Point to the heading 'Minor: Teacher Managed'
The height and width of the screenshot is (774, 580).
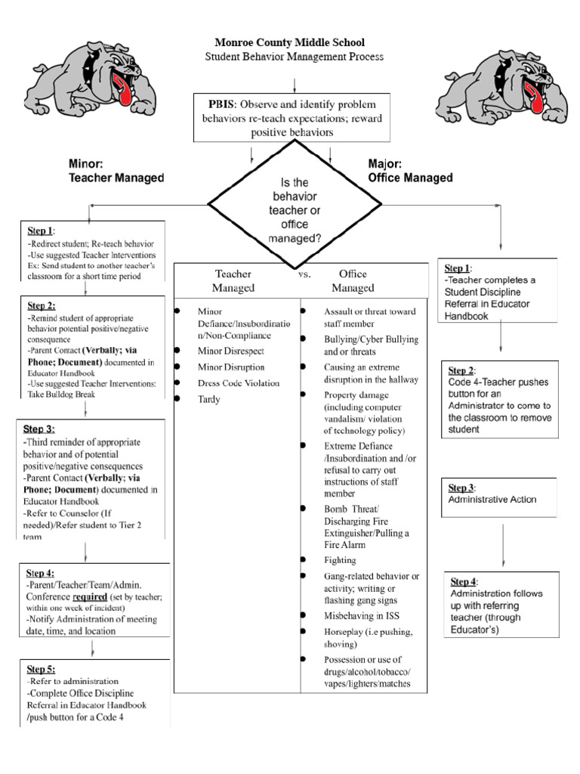[x=116, y=171]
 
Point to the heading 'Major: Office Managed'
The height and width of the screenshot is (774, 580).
[x=410, y=171]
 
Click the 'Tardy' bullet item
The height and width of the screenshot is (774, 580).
[x=208, y=399]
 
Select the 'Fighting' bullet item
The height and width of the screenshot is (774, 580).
[x=339, y=560]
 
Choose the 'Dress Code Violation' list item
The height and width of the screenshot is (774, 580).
[x=238, y=383]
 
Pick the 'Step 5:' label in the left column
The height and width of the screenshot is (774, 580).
[x=41, y=669]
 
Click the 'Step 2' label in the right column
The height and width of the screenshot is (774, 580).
[x=461, y=370]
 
